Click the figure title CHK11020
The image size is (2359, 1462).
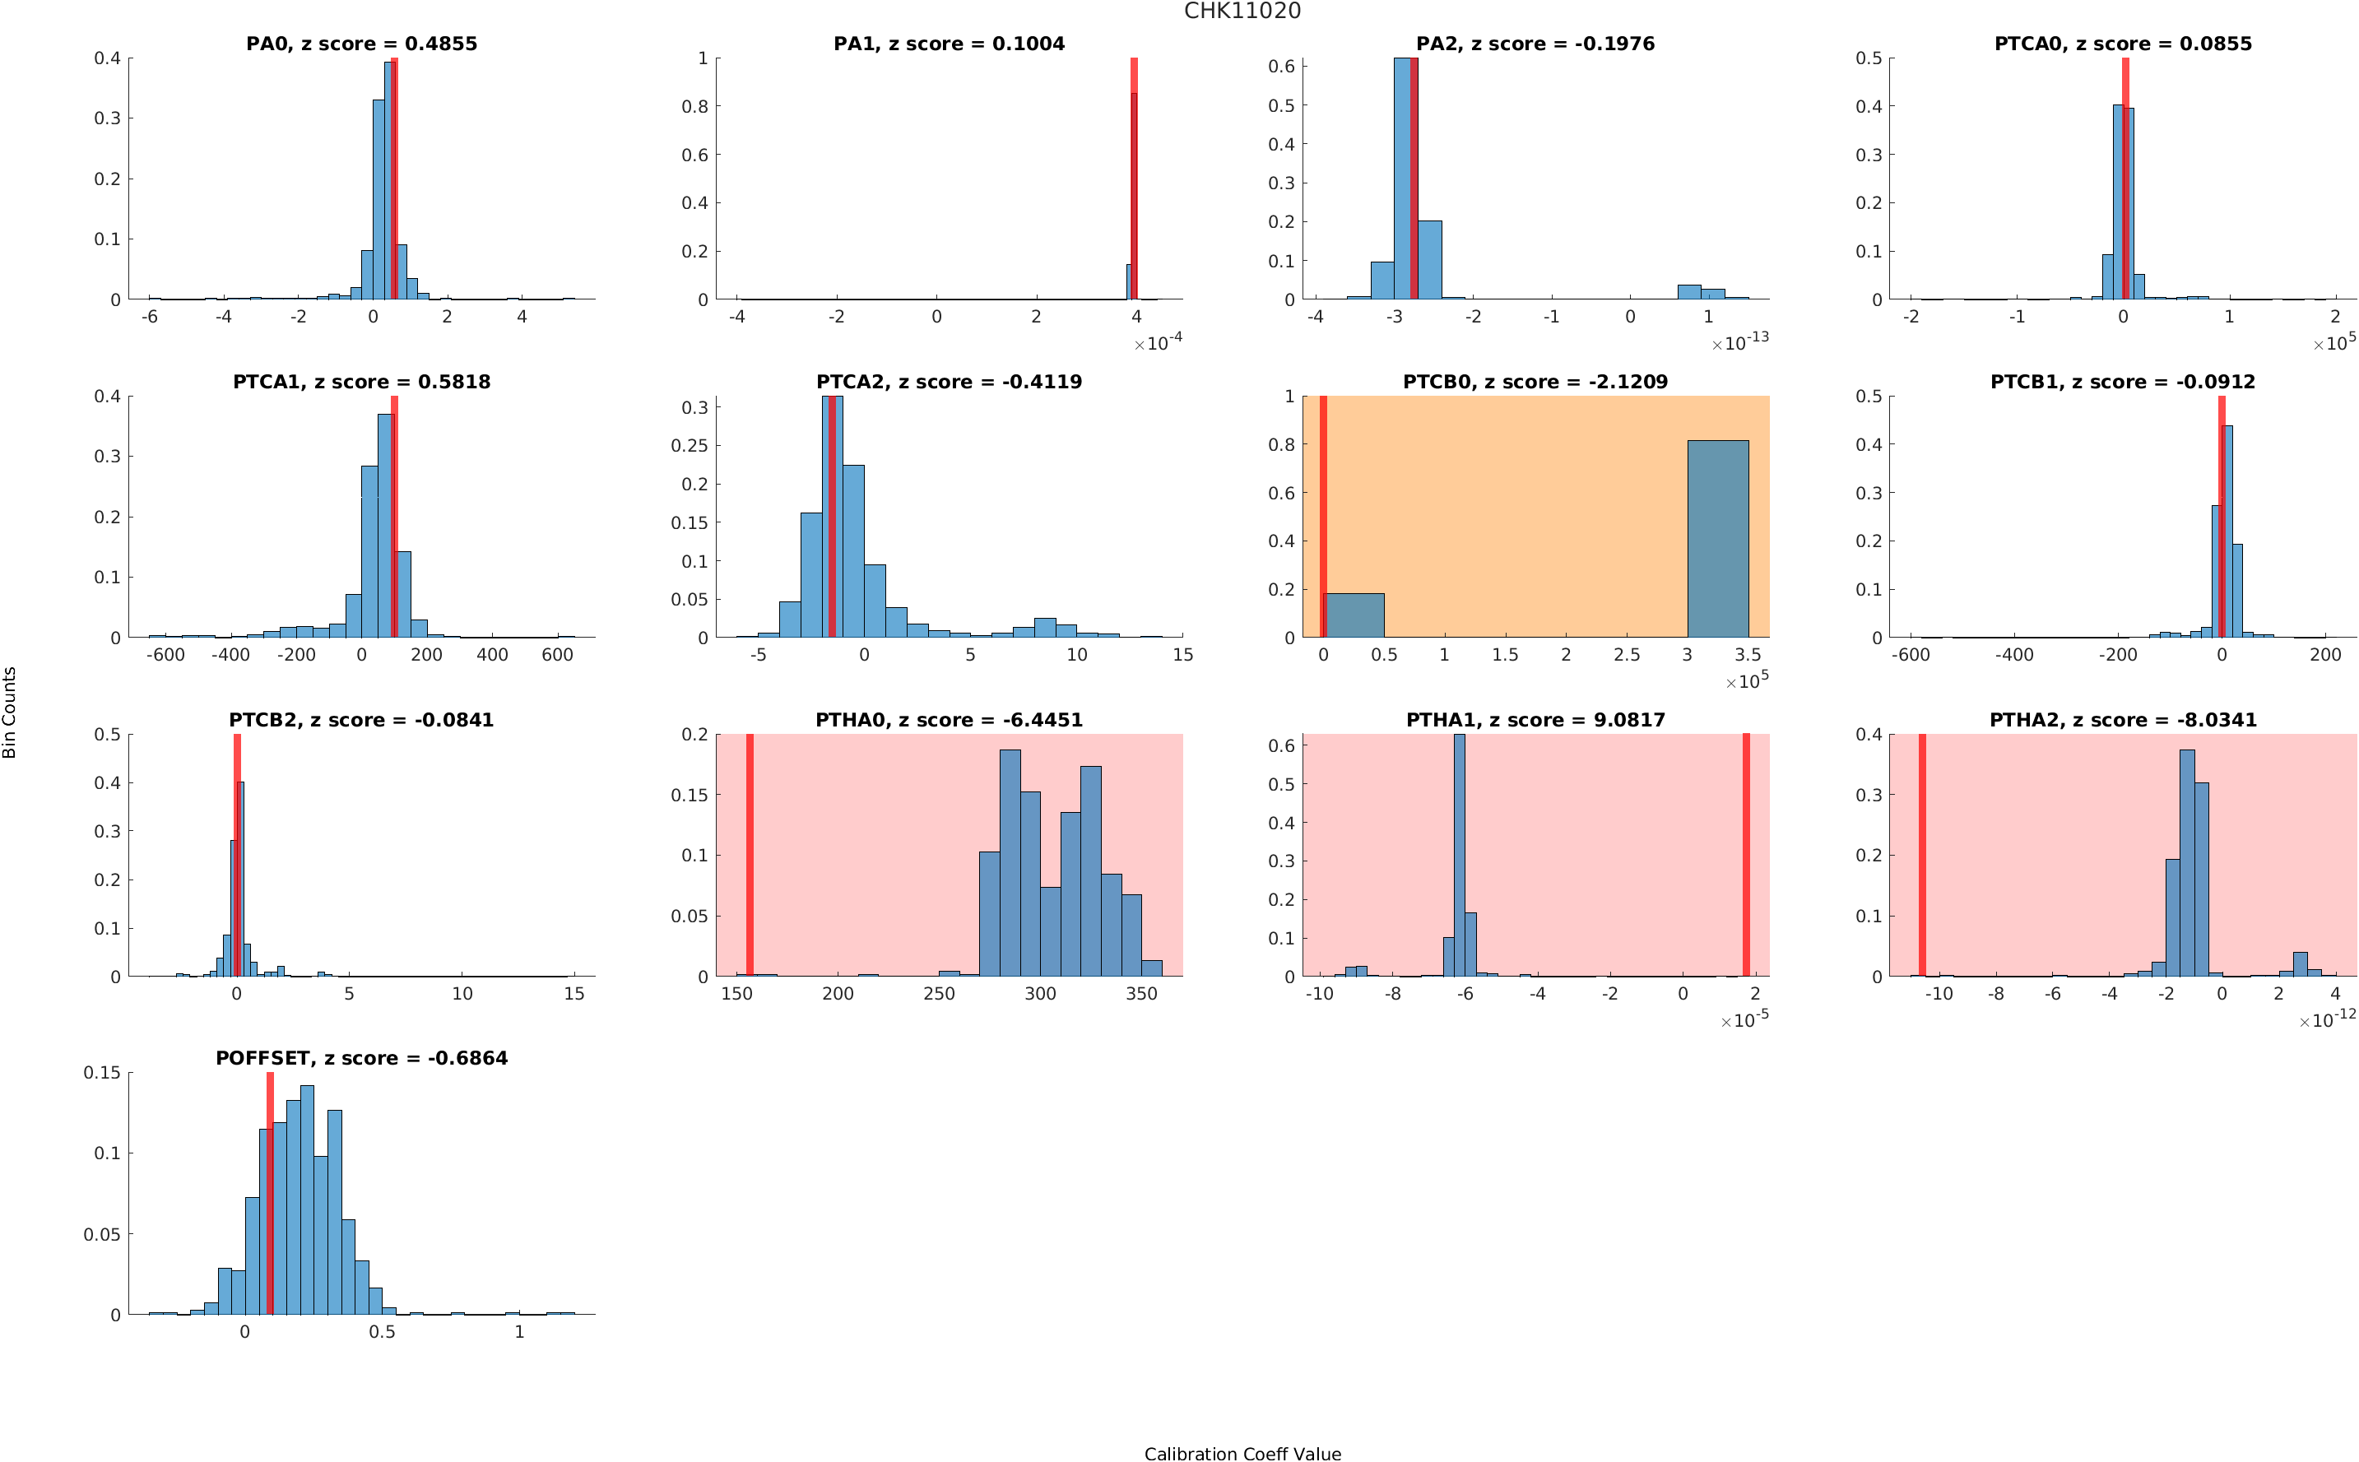point(1242,12)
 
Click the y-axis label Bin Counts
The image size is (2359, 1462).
point(10,712)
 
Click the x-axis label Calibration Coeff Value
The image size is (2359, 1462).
point(1242,1452)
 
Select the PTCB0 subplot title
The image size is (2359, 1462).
point(1535,382)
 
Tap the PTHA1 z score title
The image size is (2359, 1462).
point(1535,721)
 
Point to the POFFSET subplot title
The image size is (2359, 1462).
point(360,1058)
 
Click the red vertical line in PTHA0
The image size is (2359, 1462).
point(750,855)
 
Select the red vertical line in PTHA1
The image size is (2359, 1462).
point(1746,855)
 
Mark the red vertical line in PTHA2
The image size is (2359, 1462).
point(1922,855)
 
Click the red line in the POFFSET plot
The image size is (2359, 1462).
point(270,1193)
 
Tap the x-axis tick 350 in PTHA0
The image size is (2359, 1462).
point(1140,994)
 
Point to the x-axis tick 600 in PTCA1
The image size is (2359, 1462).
point(557,656)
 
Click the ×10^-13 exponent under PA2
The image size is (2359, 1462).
point(1739,342)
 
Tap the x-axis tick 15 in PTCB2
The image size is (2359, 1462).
point(573,994)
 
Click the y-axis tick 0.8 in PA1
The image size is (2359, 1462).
point(694,106)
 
